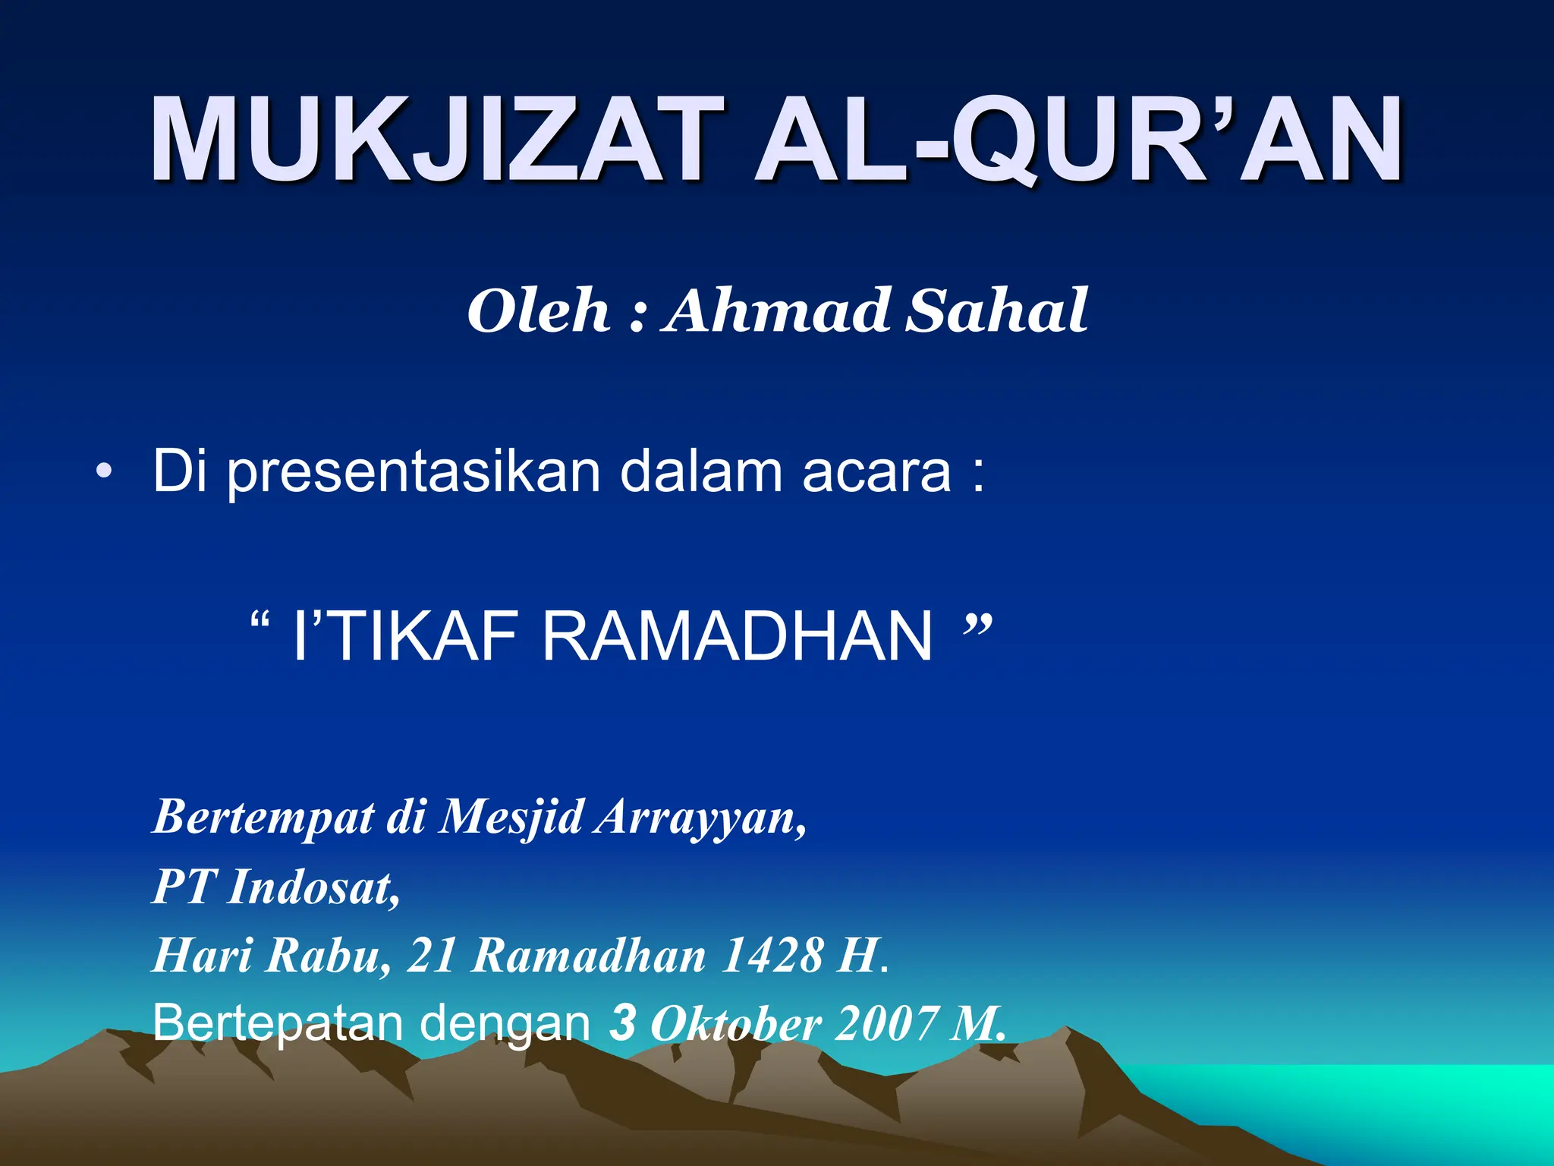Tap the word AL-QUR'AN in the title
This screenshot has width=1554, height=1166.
click(x=1078, y=140)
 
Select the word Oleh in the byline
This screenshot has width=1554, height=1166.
click(x=538, y=311)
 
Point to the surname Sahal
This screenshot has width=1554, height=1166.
click(x=997, y=311)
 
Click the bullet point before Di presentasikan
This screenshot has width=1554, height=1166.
click(x=104, y=474)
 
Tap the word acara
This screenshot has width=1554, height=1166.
click(x=876, y=472)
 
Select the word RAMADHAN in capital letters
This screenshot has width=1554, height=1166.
click(x=736, y=636)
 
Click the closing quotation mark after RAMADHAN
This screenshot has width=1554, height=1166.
click(x=976, y=626)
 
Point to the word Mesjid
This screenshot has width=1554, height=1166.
click(x=512, y=818)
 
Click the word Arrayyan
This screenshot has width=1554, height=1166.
click(x=700, y=818)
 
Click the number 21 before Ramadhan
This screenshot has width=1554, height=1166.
click(x=431, y=955)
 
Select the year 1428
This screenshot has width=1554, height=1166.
click(x=772, y=955)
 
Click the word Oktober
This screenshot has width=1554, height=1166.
click(x=735, y=1023)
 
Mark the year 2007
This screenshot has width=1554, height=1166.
click(x=885, y=1023)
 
